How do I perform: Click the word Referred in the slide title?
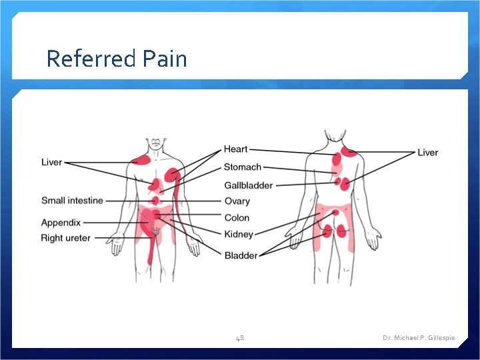(89, 59)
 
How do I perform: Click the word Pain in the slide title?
(164, 59)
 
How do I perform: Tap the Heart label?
(235, 149)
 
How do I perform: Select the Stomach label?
(242, 167)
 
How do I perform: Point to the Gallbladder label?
(248, 185)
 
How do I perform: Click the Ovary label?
(237, 201)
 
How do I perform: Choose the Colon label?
(237, 218)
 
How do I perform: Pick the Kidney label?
(239, 235)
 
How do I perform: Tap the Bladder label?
(241, 255)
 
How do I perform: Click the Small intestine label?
(72, 200)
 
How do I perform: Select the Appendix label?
(61, 223)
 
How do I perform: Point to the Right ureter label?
(65, 238)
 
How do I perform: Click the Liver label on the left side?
(51, 162)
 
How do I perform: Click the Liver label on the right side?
(427, 153)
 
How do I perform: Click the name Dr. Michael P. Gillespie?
(419, 338)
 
